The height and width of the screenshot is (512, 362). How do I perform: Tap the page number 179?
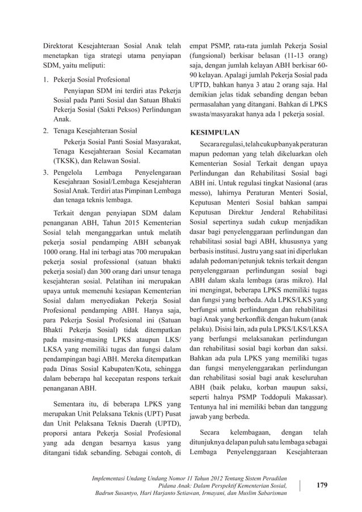click(x=322, y=485)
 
